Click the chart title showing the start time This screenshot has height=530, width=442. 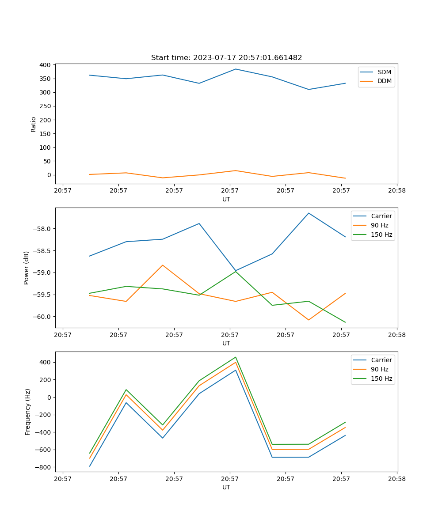(x=226, y=58)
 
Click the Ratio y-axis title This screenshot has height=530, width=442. (x=34, y=124)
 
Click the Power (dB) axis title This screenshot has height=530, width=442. (x=27, y=268)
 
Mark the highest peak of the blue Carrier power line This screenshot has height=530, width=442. (x=309, y=213)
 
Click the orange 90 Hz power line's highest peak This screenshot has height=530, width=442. (x=163, y=265)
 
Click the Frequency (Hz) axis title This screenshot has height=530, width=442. (x=28, y=412)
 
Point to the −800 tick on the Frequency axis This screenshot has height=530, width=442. (x=44, y=467)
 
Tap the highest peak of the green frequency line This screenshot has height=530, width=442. (x=236, y=357)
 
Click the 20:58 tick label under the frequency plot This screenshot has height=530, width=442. (x=397, y=479)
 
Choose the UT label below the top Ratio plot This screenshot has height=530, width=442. (x=226, y=199)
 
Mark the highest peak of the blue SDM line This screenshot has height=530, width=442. (x=236, y=69)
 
